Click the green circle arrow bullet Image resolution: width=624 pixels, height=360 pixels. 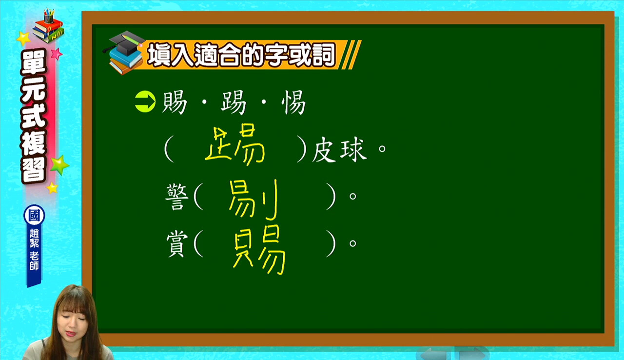click(145, 101)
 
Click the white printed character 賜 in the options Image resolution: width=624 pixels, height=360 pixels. click(175, 102)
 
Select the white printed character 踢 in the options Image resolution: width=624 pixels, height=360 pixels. click(234, 102)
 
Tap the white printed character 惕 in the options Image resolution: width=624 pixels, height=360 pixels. click(293, 102)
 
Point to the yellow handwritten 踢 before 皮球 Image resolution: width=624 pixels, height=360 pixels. click(234, 144)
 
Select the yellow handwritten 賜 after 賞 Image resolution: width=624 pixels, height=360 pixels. click(259, 250)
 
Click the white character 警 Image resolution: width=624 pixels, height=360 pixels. click(177, 197)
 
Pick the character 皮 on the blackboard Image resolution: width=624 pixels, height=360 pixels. click(324, 149)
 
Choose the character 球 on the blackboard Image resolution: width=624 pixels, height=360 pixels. click(353, 150)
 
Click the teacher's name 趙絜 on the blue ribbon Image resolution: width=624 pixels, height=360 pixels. click(34, 238)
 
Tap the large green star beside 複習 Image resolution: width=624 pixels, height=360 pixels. click(59, 165)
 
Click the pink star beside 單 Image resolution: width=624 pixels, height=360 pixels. click(57, 54)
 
